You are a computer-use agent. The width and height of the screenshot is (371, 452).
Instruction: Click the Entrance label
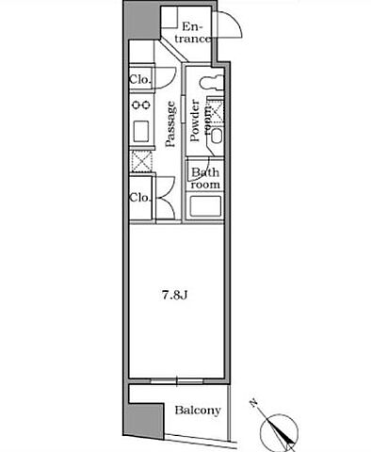[192, 33]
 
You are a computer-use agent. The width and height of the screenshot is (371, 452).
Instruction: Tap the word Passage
[170, 123]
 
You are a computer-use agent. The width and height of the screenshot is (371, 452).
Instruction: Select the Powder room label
[200, 121]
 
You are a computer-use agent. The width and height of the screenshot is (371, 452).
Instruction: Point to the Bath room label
[205, 178]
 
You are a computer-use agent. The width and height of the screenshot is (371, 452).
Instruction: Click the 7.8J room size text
[174, 296]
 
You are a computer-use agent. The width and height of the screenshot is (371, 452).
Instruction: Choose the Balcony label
[198, 411]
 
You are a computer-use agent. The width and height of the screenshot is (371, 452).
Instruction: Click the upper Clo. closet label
[140, 79]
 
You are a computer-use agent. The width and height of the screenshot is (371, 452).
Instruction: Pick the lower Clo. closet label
[140, 198]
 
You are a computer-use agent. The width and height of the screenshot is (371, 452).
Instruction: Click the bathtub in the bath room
[205, 206]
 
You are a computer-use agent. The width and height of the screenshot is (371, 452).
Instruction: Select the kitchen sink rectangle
[141, 131]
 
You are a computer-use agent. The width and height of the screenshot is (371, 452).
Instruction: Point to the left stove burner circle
[137, 105]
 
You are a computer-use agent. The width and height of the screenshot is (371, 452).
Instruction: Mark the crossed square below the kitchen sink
[141, 161]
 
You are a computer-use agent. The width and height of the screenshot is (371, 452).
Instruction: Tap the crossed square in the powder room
[217, 110]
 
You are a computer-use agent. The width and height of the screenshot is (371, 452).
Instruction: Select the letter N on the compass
[253, 403]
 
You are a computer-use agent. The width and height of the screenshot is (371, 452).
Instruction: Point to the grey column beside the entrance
[141, 20]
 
